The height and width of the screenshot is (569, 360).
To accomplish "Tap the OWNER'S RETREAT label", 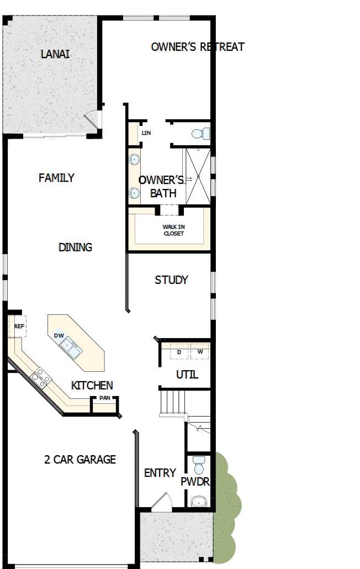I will (x=197, y=47).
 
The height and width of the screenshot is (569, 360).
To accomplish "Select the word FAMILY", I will (x=56, y=178).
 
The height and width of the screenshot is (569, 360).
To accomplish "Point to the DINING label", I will (x=75, y=247).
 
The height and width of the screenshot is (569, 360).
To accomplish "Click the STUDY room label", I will (x=171, y=280).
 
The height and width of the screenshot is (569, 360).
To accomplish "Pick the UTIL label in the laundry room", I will (x=187, y=375).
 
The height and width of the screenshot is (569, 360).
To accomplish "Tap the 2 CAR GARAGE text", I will (x=80, y=459).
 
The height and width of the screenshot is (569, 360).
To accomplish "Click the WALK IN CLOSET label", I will (x=173, y=230).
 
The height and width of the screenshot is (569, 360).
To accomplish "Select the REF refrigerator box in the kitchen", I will (x=19, y=326).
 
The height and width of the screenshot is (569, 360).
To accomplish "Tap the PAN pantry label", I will (x=104, y=398).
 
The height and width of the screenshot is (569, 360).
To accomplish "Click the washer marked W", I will (x=200, y=352).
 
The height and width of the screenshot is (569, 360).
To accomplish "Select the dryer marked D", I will (x=179, y=352).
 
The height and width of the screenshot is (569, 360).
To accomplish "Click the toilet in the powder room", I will (x=199, y=462).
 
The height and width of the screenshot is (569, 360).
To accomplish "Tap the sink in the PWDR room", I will (x=198, y=502).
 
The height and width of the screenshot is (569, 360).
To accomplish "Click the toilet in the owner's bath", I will (x=200, y=133).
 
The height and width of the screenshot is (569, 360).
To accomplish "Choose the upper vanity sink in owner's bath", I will (x=134, y=160).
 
